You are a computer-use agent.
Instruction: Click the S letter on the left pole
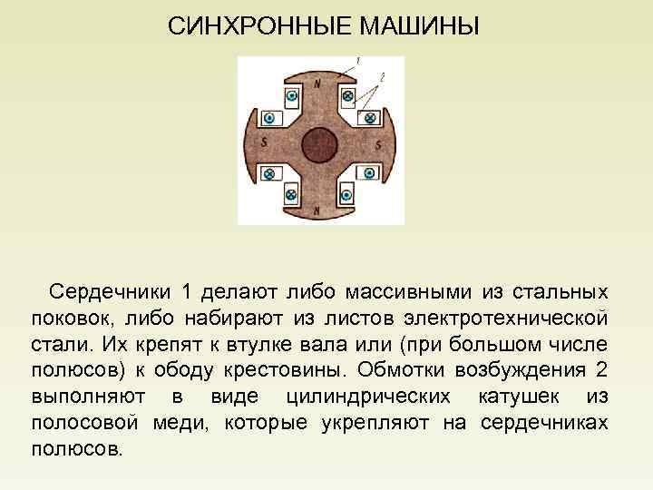pos(263,143)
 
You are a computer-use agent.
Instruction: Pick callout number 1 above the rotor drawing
pos(357,61)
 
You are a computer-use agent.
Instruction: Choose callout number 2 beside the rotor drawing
pos(382,77)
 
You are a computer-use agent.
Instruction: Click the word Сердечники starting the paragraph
pos(111,292)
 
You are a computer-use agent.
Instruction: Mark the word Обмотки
pos(397,371)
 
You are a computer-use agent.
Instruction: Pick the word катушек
pos(518,397)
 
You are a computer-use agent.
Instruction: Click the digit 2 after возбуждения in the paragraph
pos(599,371)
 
